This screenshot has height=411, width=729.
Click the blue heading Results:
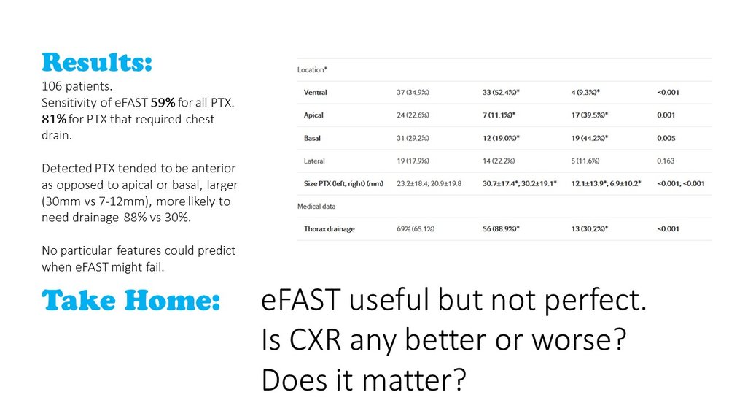98,63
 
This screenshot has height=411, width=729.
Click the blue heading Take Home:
131,300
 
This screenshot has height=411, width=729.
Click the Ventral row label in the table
316,92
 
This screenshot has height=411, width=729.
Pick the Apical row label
315,115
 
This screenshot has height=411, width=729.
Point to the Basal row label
314,137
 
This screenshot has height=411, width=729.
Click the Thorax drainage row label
330,229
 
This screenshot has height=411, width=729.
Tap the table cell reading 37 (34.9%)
414,92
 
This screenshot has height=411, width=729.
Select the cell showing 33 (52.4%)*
508,92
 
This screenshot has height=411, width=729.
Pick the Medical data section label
316,206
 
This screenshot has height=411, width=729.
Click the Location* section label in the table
312,70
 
